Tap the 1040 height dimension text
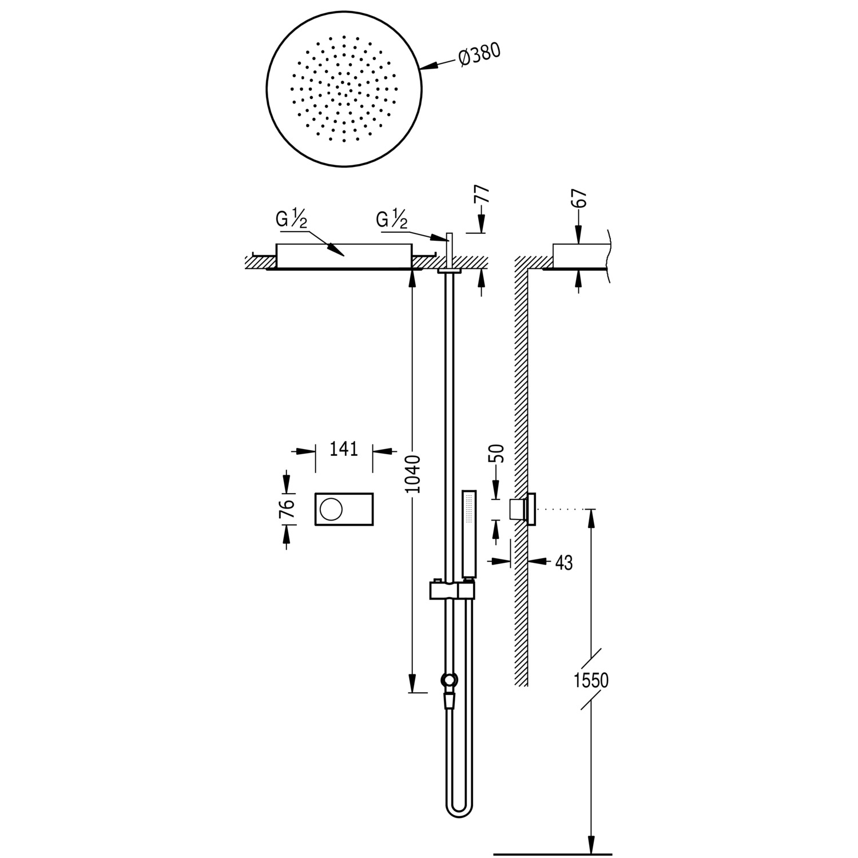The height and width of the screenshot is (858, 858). pos(412,474)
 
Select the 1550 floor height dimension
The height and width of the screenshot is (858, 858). pos(591,680)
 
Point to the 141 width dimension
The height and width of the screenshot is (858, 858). pos(344,448)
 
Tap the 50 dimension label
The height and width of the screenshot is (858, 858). pos(497,453)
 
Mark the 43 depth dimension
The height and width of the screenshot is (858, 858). pos(563,563)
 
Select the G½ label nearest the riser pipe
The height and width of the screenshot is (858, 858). pos(392,220)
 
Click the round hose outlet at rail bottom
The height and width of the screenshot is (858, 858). pos(450,680)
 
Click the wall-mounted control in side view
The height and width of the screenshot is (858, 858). pos(523,509)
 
